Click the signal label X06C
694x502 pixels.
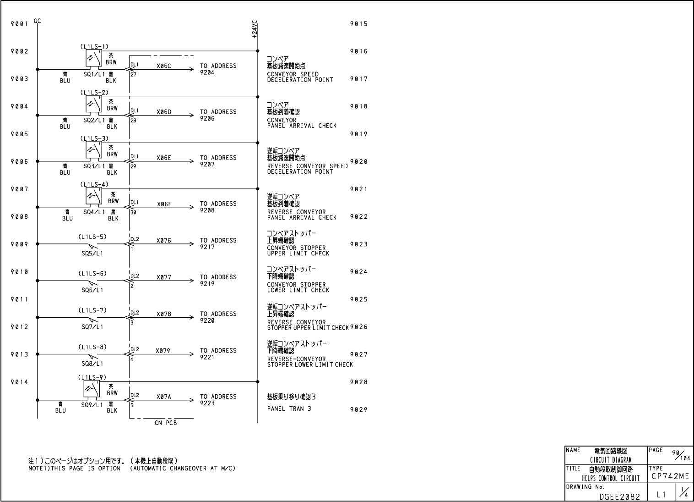coord(163,66)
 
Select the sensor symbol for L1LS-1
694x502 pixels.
coord(93,58)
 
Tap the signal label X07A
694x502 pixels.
coord(163,397)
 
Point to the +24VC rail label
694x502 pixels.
coord(255,29)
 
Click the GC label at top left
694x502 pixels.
coord(37,21)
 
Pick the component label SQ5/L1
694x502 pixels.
coord(92,253)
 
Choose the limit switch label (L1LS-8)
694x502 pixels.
coord(92,347)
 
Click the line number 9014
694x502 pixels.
coord(19,382)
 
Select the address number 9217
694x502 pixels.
coord(207,247)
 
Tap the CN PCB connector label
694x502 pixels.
coord(165,423)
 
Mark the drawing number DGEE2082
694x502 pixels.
coord(620,496)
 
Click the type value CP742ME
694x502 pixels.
coord(670,477)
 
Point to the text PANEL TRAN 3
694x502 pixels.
coord(289,408)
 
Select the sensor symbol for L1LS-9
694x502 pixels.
coord(92,389)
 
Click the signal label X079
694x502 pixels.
coord(163,351)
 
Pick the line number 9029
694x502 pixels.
coord(358,409)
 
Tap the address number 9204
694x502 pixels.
coord(207,72)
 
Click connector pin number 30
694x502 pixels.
coord(133,212)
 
